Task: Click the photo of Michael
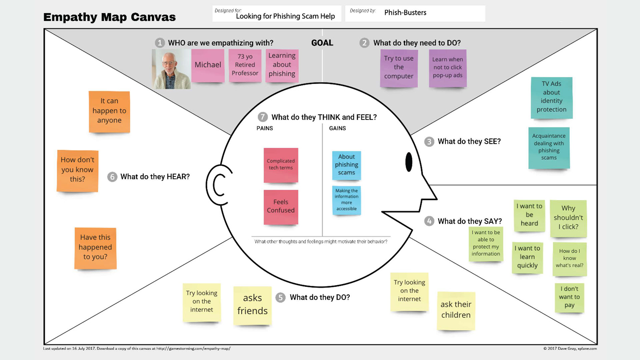click(171, 69)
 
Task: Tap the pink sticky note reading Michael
click(208, 65)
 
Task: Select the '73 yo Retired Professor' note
click(245, 65)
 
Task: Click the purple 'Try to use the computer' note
click(399, 68)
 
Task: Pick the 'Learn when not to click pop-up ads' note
click(447, 68)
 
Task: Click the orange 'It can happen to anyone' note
click(109, 111)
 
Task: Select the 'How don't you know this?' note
click(77, 170)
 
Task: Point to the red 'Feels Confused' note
click(281, 207)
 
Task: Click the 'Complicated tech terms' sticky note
click(281, 165)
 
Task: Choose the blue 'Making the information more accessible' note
click(346, 200)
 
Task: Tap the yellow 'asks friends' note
click(252, 305)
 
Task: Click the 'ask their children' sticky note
click(456, 310)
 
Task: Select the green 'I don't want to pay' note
click(569, 297)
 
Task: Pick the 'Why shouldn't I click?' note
click(568, 218)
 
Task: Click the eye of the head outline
click(409, 162)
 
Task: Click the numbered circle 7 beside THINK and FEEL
click(263, 117)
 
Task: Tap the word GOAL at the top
click(322, 43)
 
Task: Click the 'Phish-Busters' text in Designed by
click(405, 13)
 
